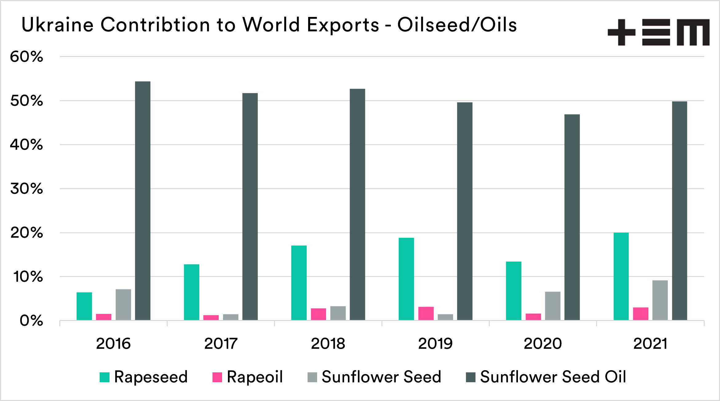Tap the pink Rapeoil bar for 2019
tap(426, 314)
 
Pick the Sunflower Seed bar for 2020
tap(553, 306)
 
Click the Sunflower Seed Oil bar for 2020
tap(572, 217)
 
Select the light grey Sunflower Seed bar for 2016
tap(123, 305)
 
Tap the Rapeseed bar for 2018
tap(299, 283)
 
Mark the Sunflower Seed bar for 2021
tap(660, 300)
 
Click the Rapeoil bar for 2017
tap(211, 318)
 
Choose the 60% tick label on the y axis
tap(26, 57)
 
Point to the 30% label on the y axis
tap(26, 189)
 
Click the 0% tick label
tap(31, 321)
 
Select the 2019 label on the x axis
tap(435, 344)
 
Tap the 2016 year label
tap(113, 344)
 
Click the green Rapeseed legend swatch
tap(105, 377)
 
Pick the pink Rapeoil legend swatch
tap(217, 377)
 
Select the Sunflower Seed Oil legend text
tap(553, 377)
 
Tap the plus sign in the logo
tap(621, 32)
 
